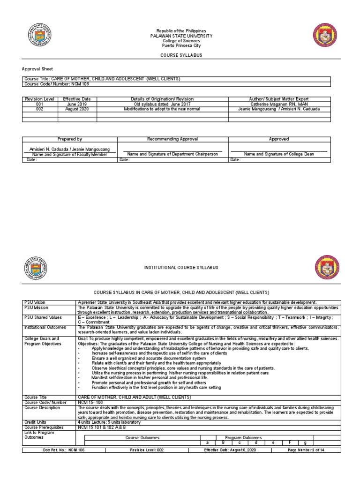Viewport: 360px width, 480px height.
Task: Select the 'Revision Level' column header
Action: click(40, 99)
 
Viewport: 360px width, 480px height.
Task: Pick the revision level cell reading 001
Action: click(40, 104)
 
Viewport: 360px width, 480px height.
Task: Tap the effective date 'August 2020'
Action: click(77, 109)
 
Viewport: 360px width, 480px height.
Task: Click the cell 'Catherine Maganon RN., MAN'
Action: click(279, 104)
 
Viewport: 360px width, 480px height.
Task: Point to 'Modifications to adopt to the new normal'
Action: click(162, 109)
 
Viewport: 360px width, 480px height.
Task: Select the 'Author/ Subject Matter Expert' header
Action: click(279, 99)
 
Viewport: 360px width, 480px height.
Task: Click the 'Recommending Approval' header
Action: click(172, 139)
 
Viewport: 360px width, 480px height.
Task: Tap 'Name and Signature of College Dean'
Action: click(279, 154)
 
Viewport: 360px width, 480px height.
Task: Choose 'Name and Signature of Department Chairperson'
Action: click(172, 154)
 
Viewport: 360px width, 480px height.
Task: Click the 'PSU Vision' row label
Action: click(36, 303)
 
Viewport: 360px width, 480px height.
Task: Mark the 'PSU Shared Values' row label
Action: click(42, 317)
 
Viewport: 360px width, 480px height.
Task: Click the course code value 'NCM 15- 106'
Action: click(90, 402)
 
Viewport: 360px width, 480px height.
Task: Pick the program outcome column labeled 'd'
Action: click(255, 442)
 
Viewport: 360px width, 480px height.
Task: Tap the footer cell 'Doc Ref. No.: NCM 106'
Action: click(64, 450)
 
